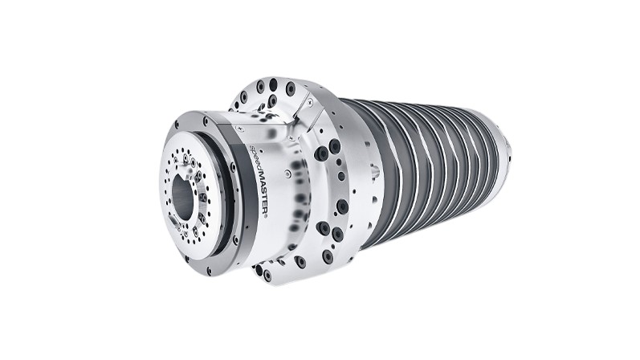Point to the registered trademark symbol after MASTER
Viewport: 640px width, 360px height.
click(265, 216)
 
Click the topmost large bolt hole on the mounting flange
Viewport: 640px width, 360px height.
click(273, 84)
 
